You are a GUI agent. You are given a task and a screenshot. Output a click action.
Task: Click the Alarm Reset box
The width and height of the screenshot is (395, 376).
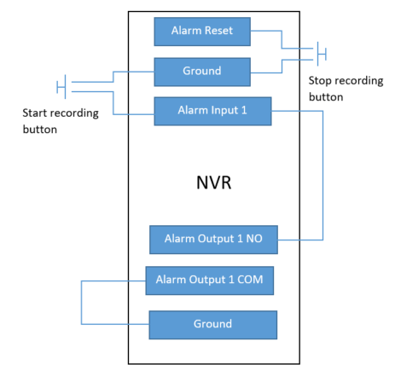202,32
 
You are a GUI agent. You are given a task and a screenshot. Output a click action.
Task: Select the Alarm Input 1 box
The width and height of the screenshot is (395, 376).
212,111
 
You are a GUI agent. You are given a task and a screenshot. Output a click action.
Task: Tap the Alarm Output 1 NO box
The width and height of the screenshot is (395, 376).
213,240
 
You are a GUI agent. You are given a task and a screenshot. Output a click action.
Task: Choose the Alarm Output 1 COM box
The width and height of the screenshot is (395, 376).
210,281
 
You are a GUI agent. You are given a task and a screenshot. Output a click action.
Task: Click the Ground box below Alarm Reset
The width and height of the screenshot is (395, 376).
202,72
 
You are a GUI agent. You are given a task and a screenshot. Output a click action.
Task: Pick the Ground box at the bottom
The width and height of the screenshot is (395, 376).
213,325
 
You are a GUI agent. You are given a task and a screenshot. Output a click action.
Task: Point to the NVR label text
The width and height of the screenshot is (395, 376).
214,182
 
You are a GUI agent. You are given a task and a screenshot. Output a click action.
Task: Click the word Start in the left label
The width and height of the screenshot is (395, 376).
35,113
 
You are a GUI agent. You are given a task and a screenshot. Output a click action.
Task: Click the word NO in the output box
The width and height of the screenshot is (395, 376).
254,239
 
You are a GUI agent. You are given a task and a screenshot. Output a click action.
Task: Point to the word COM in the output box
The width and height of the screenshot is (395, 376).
250,280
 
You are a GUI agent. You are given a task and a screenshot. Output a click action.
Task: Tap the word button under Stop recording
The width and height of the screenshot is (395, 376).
326,97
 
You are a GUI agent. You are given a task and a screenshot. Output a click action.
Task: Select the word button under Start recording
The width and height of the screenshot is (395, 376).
40,130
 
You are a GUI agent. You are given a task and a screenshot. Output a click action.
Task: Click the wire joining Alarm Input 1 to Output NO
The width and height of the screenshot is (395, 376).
322,176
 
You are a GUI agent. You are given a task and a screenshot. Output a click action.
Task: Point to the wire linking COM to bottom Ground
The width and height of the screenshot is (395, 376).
81,303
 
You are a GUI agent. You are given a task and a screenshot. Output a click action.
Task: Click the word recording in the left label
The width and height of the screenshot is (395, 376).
74,113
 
